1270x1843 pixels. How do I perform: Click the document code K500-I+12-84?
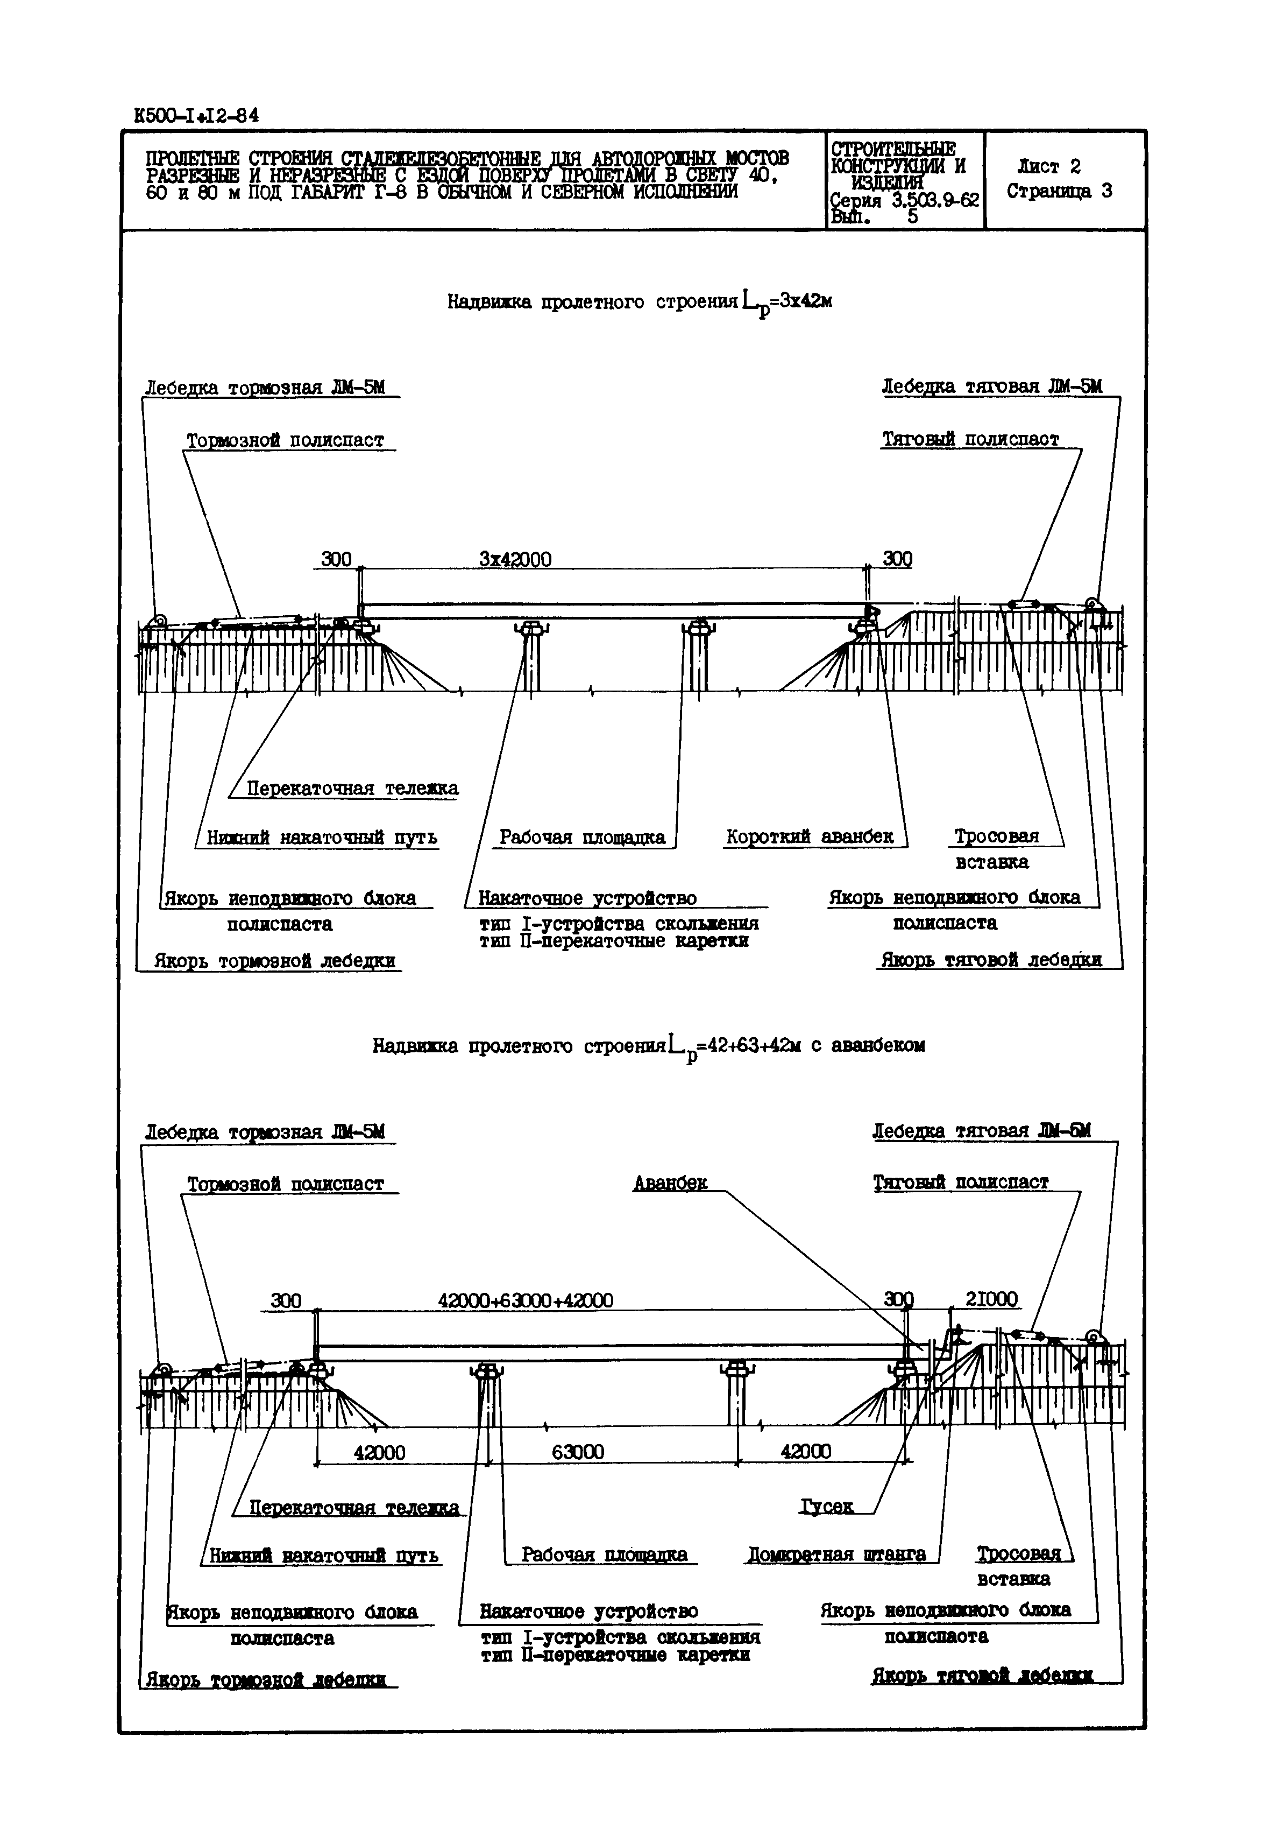click(196, 115)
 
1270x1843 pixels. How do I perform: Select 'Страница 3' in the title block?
click(1059, 191)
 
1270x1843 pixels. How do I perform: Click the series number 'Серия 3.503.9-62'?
click(903, 201)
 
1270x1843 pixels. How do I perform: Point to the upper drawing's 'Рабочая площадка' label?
click(583, 838)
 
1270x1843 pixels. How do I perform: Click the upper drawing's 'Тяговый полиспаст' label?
click(971, 439)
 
